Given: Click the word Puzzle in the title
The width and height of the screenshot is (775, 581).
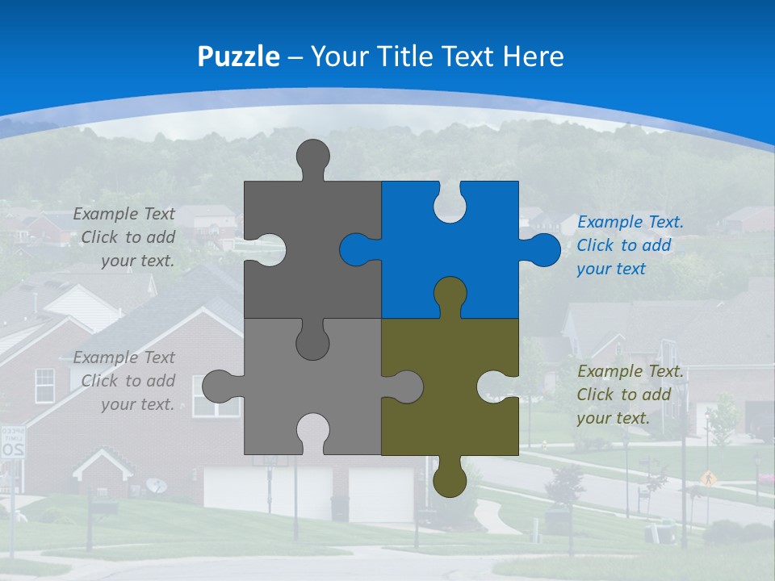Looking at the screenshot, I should pyautogui.click(x=238, y=56).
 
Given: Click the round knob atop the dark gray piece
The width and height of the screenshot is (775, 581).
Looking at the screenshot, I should pyautogui.click(x=313, y=156).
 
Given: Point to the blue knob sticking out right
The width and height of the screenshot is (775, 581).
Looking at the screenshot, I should pyautogui.click(x=544, y=249).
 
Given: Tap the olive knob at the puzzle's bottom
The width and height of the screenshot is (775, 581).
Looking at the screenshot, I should pyautogui.click(x=450, y=481).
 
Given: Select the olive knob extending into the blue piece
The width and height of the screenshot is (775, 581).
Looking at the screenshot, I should pyautogui.click(x=450, y=294).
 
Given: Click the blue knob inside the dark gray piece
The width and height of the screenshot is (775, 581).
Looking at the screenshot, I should pyautogui.click(x=356, y=249).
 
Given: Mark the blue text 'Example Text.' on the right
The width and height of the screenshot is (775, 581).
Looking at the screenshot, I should pyautogui.click(x=630, y=222).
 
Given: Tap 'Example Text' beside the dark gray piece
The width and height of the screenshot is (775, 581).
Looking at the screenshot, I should pyautogui.click(x=124, y=214).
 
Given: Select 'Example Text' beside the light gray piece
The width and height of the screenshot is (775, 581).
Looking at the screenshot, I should pyautogui.click(x=124, y=357).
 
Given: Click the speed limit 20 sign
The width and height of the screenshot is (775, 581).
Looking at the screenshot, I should pyautogui.click(x=13, y=444).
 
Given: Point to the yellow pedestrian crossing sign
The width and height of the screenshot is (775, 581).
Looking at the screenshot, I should pyautogui.click(x=709, y=479).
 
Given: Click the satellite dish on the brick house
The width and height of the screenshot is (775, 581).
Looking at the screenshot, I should pyautogui.click(x=157, y=485).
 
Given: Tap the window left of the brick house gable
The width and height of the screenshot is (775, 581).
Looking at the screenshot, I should pyautogui.click(x=45, y=385).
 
